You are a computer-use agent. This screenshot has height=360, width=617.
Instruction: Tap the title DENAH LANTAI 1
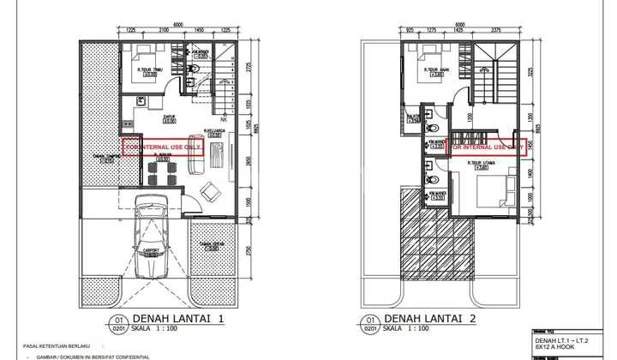point(178,319)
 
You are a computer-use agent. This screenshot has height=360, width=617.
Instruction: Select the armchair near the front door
point(209,189)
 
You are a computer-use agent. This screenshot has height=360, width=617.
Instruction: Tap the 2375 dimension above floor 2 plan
point(496,30)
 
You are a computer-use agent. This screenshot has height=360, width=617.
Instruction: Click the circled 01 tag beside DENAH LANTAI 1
point(122,321)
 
